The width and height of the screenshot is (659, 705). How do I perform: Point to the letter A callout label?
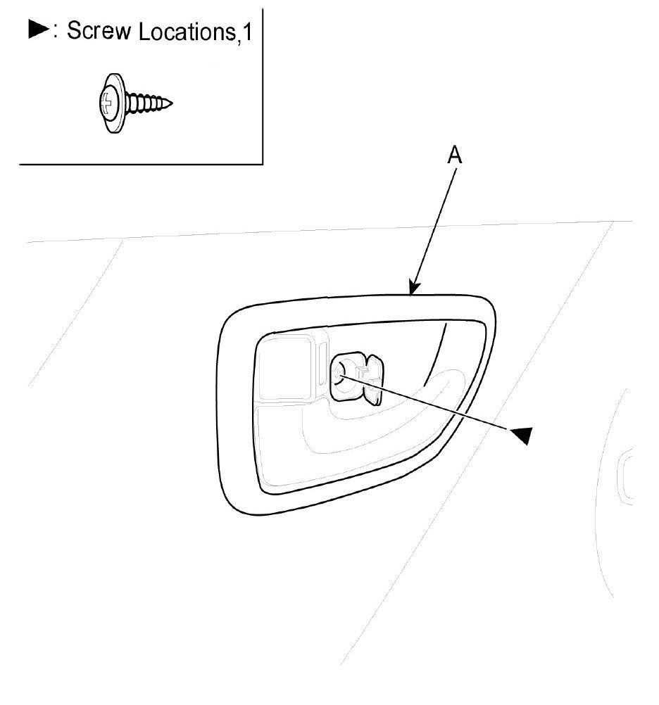pos(456,156)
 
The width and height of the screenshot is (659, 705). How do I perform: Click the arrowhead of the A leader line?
pos(413,288)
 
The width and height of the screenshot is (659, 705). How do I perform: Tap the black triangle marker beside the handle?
pos(521,435)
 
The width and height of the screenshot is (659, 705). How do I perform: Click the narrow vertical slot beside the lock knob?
pos(322,364)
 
